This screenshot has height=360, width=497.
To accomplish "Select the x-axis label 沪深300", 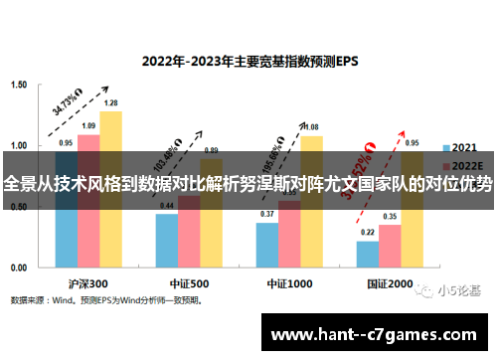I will pos(88,282).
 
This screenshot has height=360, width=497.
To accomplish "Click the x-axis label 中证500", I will pos(189,282).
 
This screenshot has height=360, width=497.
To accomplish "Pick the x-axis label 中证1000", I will pos(289,282).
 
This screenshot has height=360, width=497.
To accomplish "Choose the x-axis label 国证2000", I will pos(390,282).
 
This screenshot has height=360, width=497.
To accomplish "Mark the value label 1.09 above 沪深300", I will pos(88,126).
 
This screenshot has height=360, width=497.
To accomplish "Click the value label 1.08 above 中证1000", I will pos(311,127).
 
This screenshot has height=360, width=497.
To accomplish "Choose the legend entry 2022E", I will pos(462,165).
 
